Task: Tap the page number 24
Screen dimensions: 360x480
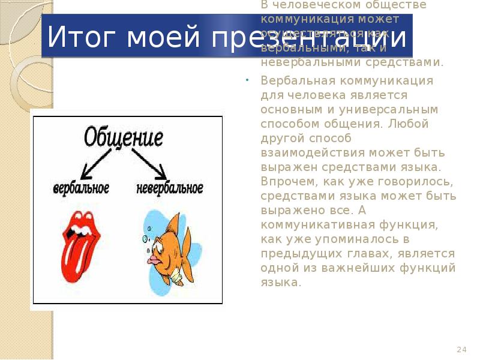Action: click(x=461, y=349)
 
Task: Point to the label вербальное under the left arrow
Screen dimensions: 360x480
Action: click(x=81, y=188)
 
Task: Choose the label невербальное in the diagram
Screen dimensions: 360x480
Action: click(x=169, y=188)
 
